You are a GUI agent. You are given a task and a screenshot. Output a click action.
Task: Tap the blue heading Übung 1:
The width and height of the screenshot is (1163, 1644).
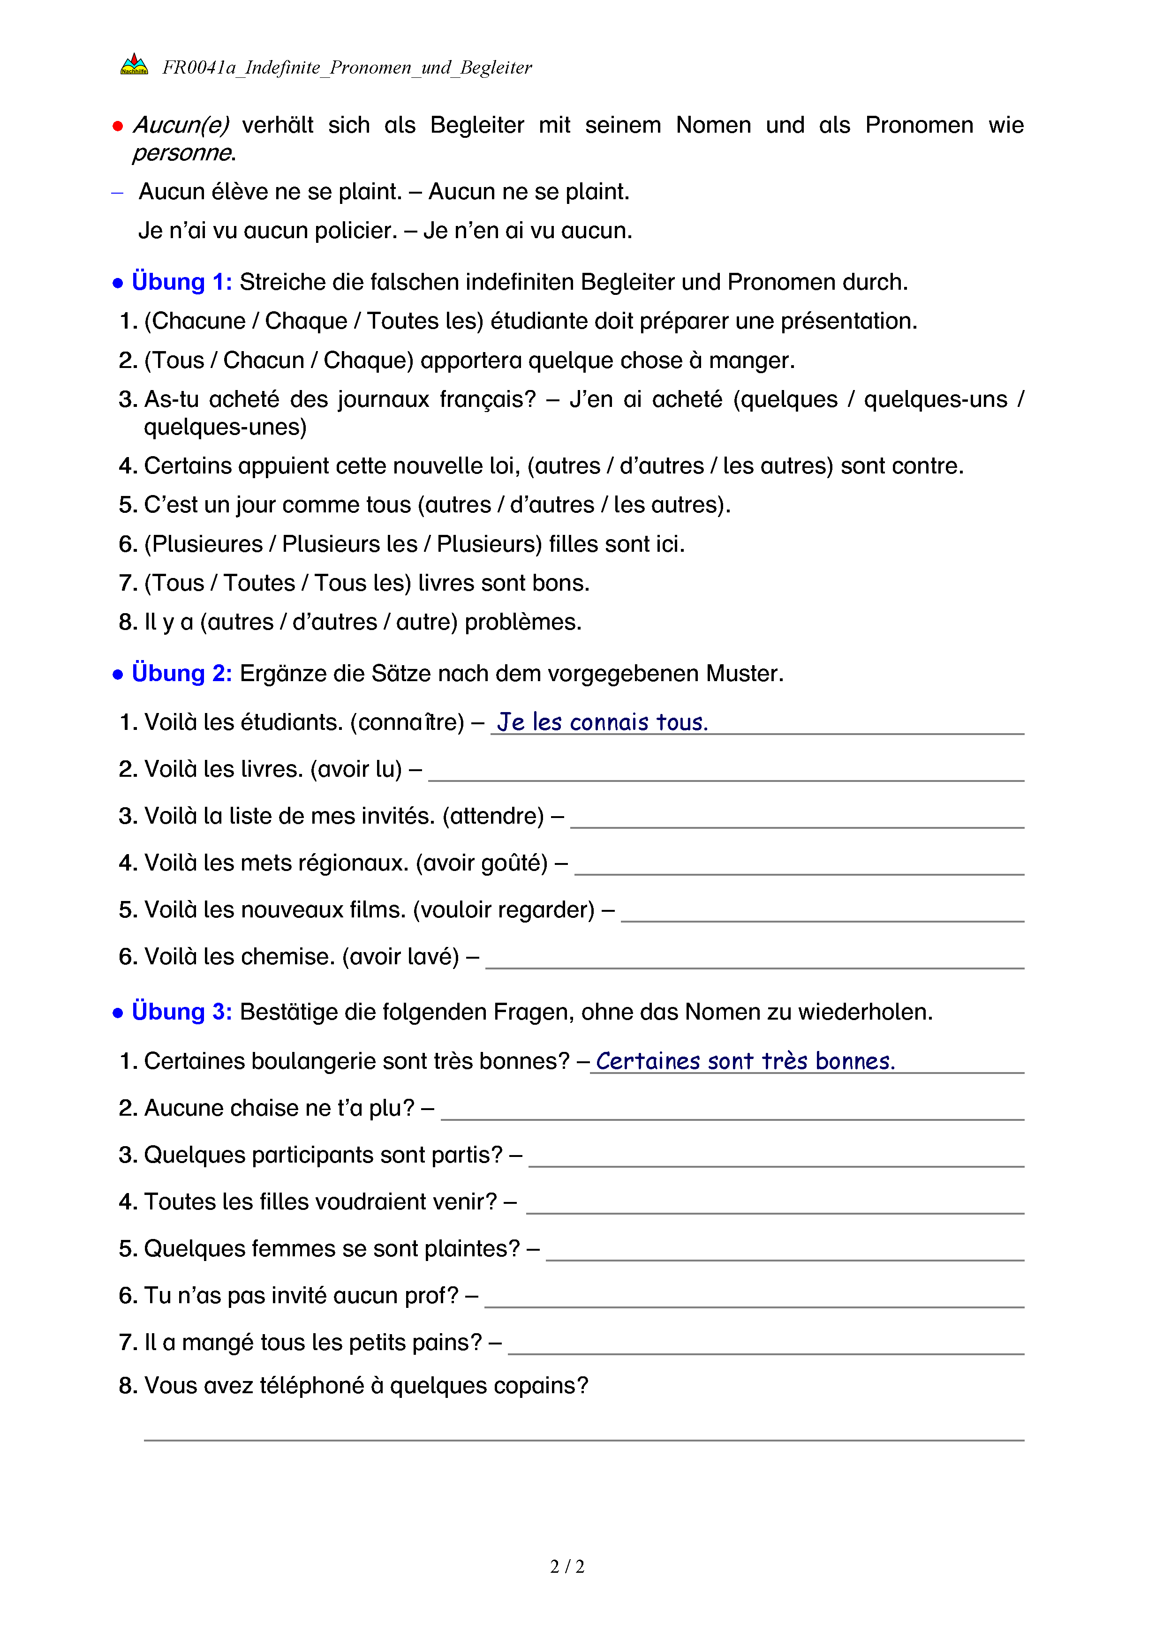[182, 282]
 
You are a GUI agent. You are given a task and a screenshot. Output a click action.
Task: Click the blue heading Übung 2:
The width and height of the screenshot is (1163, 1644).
[182, 673]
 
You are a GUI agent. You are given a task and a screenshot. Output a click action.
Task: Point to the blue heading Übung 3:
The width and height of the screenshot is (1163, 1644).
[182, 1012]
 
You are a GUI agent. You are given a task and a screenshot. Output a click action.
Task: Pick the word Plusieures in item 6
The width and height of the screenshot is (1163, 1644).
[207, 544]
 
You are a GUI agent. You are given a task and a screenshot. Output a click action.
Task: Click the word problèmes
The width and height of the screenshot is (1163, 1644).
[523, 622]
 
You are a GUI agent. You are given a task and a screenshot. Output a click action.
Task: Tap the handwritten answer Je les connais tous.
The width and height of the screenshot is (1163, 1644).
[602, 722]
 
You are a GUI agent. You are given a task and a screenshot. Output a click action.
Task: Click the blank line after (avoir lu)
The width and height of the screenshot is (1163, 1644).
[725, 775]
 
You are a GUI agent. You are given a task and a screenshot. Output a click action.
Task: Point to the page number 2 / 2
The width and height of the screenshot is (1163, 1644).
[567, 1567]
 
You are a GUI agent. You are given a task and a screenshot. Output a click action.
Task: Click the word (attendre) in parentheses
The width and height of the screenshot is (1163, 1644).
[493, 816]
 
